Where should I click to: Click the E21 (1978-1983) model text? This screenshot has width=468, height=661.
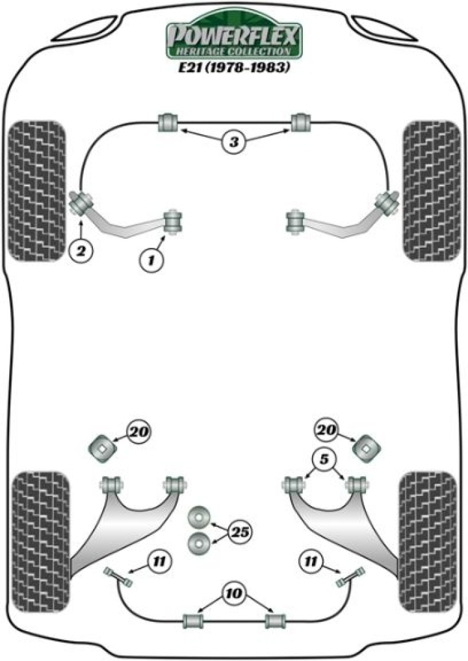tap(234, 68)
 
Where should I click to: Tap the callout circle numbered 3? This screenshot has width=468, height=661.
tap(235, 141)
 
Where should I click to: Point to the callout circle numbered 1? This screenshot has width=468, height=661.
tap(151, 260)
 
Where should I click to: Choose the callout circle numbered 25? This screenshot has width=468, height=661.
tap(240, 532)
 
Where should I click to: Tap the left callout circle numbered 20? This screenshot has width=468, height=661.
tap(138, 431)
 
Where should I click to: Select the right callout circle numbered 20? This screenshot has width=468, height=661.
tap(328, 429)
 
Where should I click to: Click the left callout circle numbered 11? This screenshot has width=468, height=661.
tap(157, 559)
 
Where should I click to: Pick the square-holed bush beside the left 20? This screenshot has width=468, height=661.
tap(101, 448)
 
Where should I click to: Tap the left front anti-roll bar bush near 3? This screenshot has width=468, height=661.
tap(168, 122)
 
